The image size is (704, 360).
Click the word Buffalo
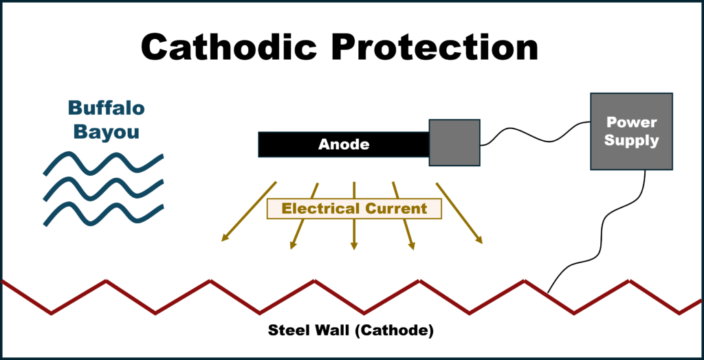(x=107, y=108)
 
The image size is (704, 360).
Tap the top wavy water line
(x=103, y=164)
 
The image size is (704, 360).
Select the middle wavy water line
(x=103, y=190)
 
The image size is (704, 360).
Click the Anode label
(x=344, y=145)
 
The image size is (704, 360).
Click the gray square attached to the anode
(x=454, y=143)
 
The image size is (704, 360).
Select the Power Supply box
(x=631, y=131)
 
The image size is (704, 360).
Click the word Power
(x=631, y=122)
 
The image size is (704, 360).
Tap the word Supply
(x=631, y=141)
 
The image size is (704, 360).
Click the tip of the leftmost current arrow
(x=221, y=242)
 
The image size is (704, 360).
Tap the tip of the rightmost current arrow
(x=483, y=244)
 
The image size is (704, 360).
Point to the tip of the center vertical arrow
(x=354, y=249)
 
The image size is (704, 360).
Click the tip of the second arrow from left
(x=291, y=249)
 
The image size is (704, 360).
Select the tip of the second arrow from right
(x=414, y=250)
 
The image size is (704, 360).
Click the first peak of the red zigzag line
(x=105, y=280)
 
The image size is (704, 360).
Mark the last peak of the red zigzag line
(x=628, y=280)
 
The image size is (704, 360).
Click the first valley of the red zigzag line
(x=52, y=314)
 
